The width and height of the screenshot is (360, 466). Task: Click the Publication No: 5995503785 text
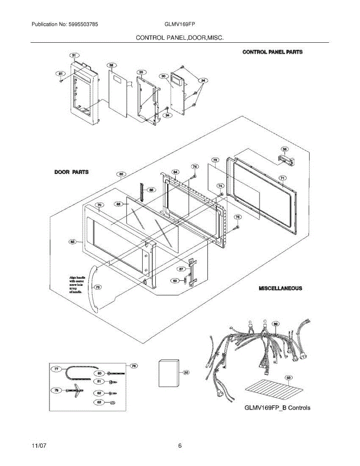tap(64, 24)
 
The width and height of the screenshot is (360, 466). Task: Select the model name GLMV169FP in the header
tap(179, 24)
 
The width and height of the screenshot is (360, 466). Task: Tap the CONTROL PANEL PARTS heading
tap(272, 52)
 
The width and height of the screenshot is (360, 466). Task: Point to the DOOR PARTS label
tap(71, 172)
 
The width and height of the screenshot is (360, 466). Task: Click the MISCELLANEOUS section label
tap(280, 289)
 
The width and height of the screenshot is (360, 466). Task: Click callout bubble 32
tap(111, 65)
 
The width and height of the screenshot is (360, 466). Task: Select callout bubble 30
tap(164, 76)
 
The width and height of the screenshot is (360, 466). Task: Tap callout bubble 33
tap(141, 72)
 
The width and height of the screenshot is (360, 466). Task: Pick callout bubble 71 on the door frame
tap(283, 178)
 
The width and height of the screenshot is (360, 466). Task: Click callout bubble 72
tap(215, 160)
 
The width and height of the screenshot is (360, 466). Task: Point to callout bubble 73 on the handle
tap(97, 287)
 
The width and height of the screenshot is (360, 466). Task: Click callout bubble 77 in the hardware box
tap(57, 369)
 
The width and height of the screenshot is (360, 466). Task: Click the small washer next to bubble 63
tap(112, 402)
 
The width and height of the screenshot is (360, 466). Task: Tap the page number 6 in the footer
tap(180, 446)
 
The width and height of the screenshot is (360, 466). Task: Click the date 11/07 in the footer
tap(38, 446)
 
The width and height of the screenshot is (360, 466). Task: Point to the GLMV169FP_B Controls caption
tap(277, 408)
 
